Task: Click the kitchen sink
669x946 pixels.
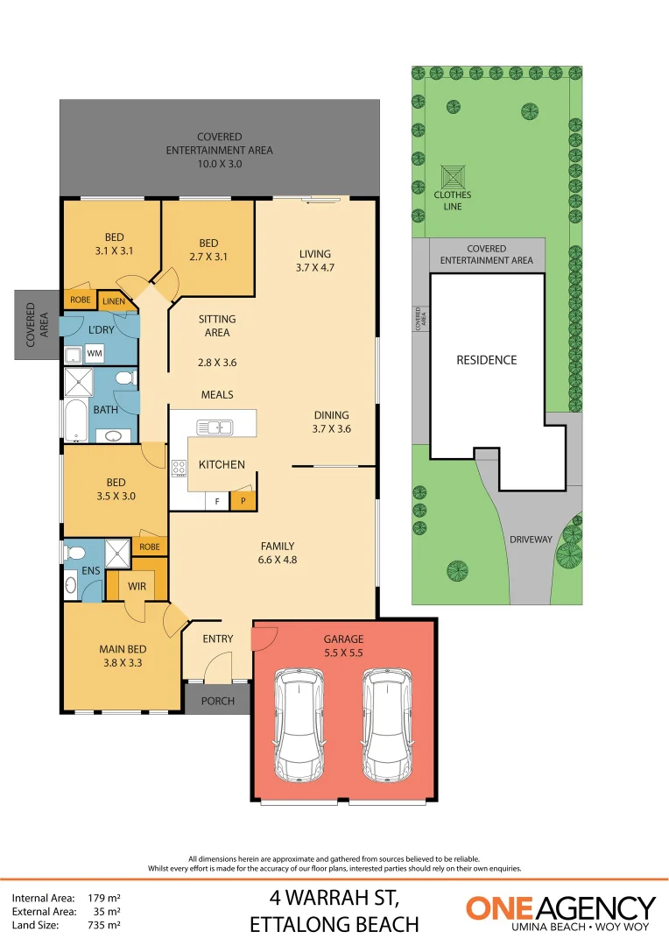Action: click(214, 427)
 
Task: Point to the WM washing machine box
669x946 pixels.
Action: click(94, 353)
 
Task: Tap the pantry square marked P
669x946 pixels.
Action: click(243, 502)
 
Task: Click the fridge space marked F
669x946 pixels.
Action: click(216, 502)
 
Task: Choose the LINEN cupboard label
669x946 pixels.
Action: click(114, 302)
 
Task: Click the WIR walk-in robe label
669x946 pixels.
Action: click(137, 585)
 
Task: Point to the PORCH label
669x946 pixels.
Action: click(217, 700)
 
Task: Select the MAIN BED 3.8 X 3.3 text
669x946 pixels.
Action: click(122, 656)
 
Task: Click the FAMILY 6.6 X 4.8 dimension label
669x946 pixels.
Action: click(277, 552)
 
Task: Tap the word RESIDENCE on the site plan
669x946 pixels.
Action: click(486, 360)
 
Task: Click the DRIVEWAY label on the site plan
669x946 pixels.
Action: click(531, 540)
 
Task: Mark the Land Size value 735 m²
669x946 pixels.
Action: click(103, 924)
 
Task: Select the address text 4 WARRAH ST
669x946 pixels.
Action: click(334, 898)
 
